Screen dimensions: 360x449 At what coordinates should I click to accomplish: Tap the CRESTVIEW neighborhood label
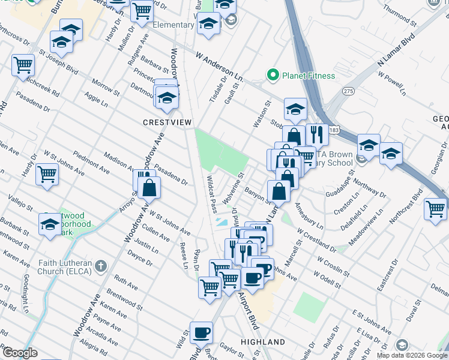pyautogui.click(x=167, y=122)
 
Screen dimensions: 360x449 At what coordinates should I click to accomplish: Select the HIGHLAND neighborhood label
pyautogui.click(x=262, y=342)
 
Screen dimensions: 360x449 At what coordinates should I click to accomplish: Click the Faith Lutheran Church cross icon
pyautogui.click(x=101, y=265)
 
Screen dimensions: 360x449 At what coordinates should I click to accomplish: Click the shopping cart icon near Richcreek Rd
pyautogui.click(x=23, y=64)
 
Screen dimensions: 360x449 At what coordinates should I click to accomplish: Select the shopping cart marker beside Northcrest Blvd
pyautogui.click(x=435, y=209)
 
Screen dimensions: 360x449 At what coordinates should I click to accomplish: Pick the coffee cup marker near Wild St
pyautogui.click(x=202, y=332)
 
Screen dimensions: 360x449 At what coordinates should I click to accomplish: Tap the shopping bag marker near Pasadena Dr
pyautogui.click(x=149, y=188)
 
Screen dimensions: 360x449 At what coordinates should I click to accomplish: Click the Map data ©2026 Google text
pyautogui.click(x=411, y=355)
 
